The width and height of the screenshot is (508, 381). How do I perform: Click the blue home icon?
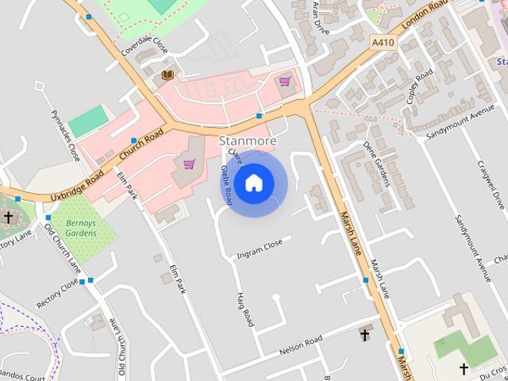[253, 183]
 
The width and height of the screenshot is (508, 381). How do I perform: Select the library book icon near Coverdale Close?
[167, 75]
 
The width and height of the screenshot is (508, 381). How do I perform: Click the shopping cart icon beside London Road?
[284, 81]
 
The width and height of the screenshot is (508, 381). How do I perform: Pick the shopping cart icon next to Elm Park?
[189, 164]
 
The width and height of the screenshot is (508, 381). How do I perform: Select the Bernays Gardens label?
[80, 229]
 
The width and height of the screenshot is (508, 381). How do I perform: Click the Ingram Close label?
[260, 249]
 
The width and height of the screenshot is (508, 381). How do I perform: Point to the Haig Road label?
[244, 309]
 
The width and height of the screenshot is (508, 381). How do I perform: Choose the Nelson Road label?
[301, 345]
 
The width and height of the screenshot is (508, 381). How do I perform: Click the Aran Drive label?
[321, 13]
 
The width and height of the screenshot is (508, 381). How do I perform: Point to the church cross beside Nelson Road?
[364, 334]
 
